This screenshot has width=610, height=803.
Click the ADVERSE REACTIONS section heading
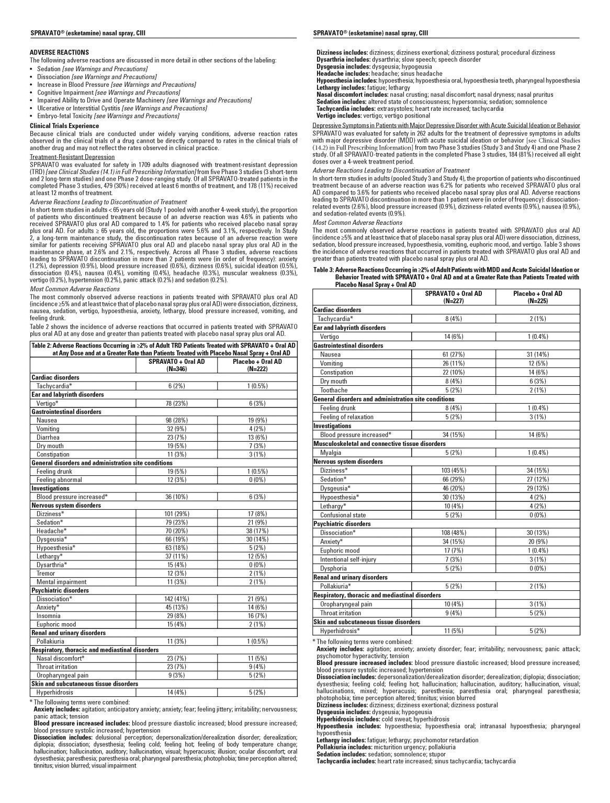click(x=59, y=52)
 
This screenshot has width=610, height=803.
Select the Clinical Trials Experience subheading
click(x=64, y=126)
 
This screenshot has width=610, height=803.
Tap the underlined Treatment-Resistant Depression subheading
click(x=72, y=157)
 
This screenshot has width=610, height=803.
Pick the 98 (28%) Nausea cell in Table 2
click(x=176, y=420)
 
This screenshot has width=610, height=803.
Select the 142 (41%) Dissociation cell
click(x=176, y=599)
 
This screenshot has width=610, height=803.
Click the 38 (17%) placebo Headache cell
click(x=257, y=531)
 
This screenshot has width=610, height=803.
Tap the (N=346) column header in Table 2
click(x=176, y=369)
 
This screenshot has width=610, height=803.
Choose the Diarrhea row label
click(x=48, y=438)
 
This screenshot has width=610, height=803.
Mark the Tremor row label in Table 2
click(x=46, y=573)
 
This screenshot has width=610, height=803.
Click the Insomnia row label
click(x=48, y=616)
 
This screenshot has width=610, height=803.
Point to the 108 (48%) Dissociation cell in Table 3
click(x=453, y=533)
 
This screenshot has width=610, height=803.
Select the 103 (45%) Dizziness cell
click(x=453, y=471)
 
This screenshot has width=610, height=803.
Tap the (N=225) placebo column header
click(x=537, y=301)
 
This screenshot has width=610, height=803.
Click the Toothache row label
click(x=333, y=390)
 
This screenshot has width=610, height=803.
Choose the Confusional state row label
click(x=343, y=515)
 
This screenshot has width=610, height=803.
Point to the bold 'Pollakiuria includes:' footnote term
click(x=345, y=747)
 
